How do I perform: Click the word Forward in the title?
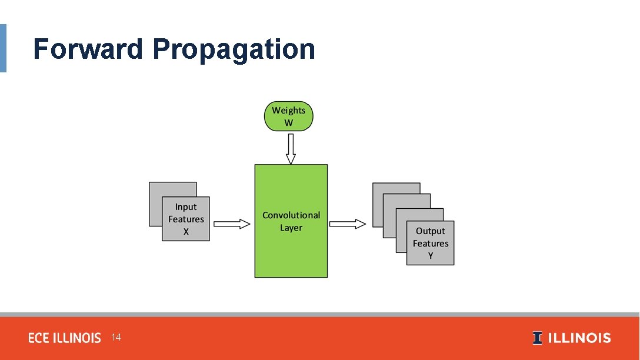(88, 49)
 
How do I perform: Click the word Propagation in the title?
(234, 50)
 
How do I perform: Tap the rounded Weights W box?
(288, 116)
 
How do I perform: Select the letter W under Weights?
(288, 123)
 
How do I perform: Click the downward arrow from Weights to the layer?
(291, 149)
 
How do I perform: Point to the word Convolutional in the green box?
(291, 215)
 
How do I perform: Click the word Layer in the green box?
(291, 228)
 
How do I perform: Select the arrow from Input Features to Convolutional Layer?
(231, 224)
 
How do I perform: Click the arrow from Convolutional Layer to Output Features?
(347, 224)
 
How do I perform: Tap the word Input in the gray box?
(186, 207)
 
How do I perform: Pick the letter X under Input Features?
(186, 232)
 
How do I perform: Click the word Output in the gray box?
(431, 231)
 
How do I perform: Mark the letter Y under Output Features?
(431, 256)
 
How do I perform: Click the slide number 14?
(116, 338)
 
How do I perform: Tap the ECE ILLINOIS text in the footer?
(65, 338)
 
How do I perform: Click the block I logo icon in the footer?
(537, 338)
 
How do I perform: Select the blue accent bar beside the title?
(3, 48)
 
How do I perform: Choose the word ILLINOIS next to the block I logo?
(579, 338)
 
